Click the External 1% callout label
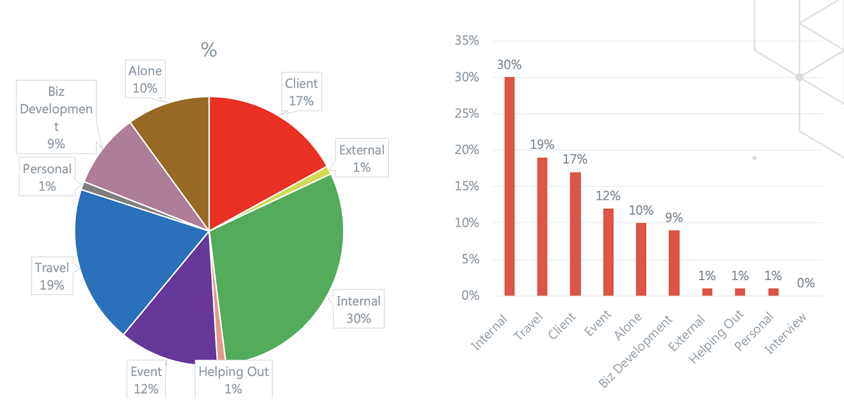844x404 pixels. coord(362,158)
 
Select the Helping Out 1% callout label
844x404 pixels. coord(234,380)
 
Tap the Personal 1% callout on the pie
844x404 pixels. coord(47,177)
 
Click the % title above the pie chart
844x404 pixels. coord(209,50)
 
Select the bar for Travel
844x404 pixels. coord(542,227)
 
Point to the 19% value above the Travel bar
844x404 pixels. coord(542,145)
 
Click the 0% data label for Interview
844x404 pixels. coord(806,283)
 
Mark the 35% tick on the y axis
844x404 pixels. coord(467,41)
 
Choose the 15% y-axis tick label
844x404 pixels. coord(467,186)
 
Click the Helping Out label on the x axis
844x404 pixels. coord(716,338)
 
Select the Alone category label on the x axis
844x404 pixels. coord(628,326)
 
